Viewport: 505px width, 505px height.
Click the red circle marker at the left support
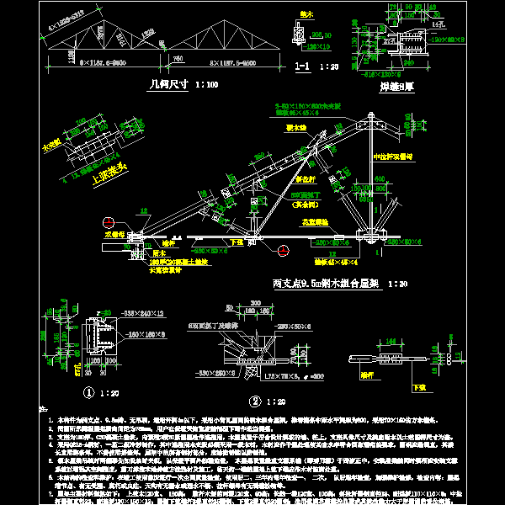[x=108, y=222]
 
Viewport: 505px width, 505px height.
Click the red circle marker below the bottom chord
[x=283, y=248]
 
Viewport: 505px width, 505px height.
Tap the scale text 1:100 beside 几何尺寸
[x=206, y=84]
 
